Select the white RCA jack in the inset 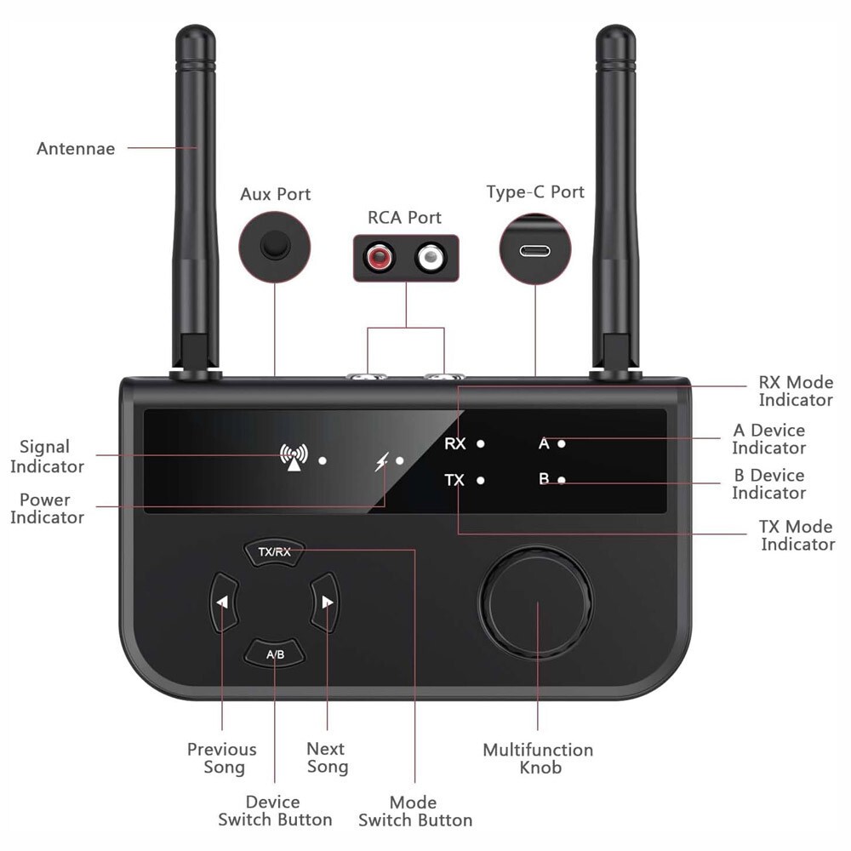pos(431,257)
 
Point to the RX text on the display pos(455,443)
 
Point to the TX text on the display pos(455,480)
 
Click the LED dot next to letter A pos(562,443)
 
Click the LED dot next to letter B pos(562,480)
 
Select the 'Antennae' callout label pos(76,149)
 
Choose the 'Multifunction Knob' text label pos(538,758)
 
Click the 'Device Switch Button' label pos(274,811)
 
